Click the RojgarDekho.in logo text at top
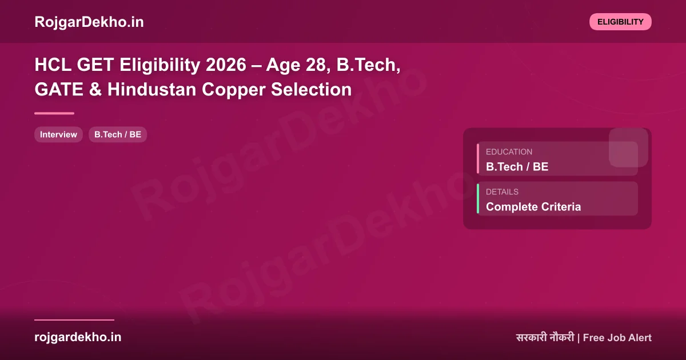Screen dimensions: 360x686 point(89,22)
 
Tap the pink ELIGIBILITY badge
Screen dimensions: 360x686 point(620,22)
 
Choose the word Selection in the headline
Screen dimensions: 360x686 point(312,90)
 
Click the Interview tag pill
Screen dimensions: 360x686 point(58,135)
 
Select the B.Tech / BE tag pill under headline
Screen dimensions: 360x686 point(118,135)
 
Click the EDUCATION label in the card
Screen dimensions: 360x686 point(509,152)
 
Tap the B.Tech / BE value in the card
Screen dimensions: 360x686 point(517,167)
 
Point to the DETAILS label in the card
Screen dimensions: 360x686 point(502,192)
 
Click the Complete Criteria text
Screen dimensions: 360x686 point(533,207)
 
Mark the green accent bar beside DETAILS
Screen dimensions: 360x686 point(478,199)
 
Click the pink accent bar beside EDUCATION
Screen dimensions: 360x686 point(478,159)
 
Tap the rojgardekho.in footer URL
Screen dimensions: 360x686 point(78,337)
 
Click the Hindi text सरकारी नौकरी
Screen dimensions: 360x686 point(544,338)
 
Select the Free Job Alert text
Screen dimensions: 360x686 point(617,338)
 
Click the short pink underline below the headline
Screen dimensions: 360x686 point(54,113)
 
